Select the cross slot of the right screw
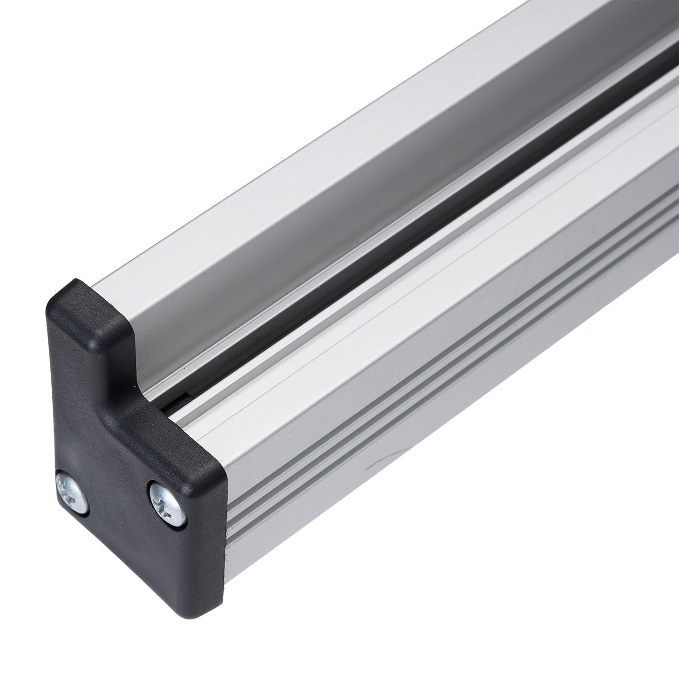pos(167,502)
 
